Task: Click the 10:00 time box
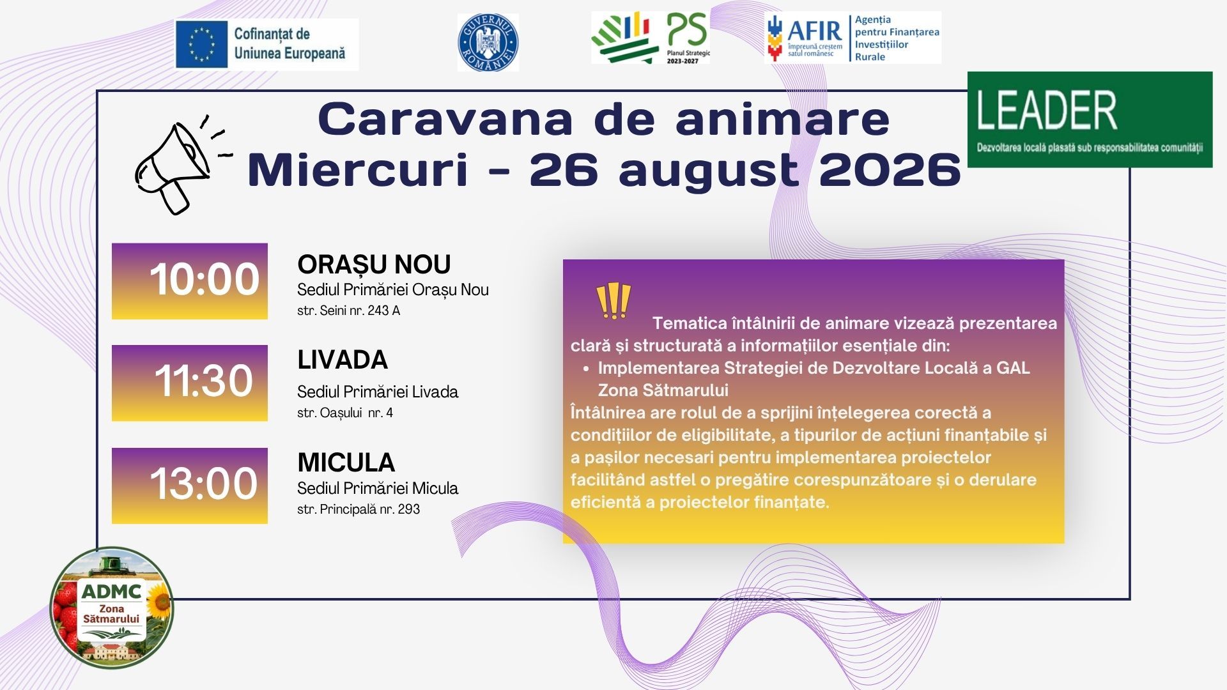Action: click(190, 281)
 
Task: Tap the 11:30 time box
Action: click(190, 383)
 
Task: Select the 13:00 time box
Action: click(190, 486)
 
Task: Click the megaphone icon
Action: click(182, 165)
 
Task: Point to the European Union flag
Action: click(202, 44)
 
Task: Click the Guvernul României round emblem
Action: click(488, 42)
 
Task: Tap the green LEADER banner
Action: click(1090, 119)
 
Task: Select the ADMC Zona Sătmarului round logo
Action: click(112, 608)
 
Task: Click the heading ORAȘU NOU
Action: click(374, 264)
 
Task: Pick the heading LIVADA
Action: click(343, 360)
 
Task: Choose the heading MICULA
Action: click(346, 463)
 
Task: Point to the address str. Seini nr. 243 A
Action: click(348, 311)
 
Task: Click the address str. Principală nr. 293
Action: click(359, 509)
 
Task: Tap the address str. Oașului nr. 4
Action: click(345, 413)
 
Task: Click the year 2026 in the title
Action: click(890, 170)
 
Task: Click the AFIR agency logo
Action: click(853, 38)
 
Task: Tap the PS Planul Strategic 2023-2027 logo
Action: click(651, 38)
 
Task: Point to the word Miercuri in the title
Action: click(358, 170)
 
